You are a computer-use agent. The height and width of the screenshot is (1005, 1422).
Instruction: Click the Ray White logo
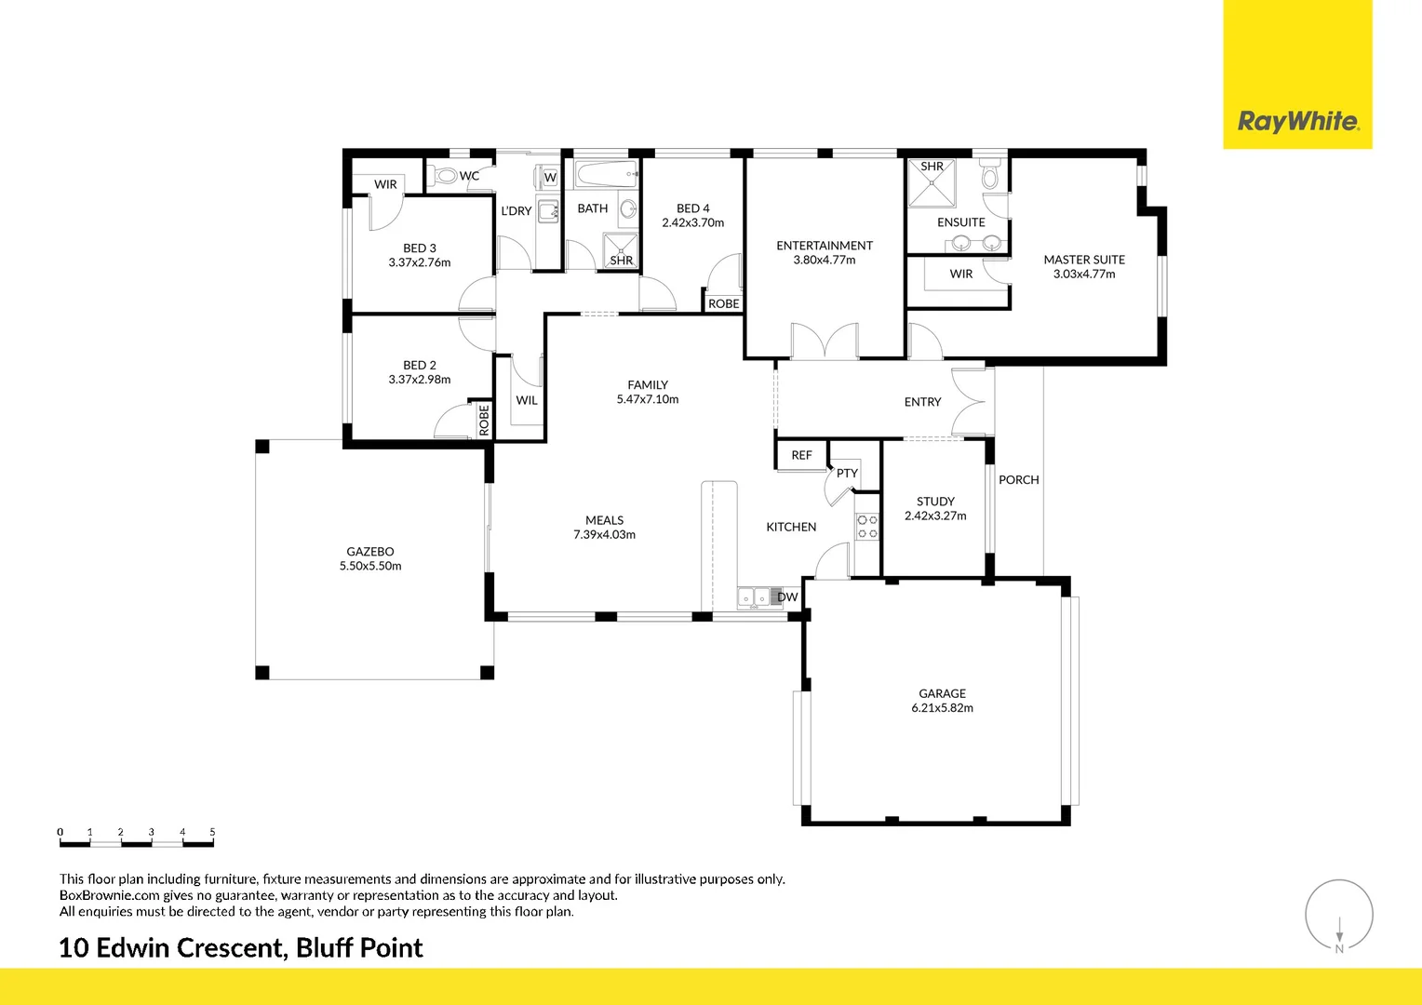tap(1298, 121)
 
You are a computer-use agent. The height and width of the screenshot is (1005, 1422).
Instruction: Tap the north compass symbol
tap(1339, 916)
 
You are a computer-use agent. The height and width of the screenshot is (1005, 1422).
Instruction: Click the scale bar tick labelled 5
tap(213, 832)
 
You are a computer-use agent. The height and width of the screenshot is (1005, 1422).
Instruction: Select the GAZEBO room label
tap(370, 551)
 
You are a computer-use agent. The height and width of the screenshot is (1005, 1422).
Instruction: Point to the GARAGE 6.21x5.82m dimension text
tap(942, 707)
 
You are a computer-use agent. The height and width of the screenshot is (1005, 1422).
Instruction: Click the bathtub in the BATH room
tap(606, 174)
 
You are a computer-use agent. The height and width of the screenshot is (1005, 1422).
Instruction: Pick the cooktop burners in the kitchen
tap(867, 527)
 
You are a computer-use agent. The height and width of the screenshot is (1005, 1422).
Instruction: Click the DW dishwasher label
tap(787, 596)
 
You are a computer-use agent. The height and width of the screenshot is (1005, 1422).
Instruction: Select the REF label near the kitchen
tap(801, 455)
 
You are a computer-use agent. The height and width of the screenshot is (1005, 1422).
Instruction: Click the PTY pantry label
tap(847, 473)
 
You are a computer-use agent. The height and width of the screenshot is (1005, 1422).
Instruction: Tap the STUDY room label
tap(935, 501)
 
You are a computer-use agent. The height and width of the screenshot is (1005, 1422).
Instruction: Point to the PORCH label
tap(1018, 479)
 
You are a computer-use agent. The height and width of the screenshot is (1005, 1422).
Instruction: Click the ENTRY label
tap(922, 401)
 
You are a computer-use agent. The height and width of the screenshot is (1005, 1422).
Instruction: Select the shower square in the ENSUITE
tap(932, 182)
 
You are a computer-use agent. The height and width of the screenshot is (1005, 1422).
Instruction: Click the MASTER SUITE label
tap(1083, 259)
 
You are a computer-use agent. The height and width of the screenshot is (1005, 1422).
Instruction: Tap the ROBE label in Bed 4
tap(724, 303)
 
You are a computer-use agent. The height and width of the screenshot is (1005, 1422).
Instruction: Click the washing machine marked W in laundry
tap(547, 177)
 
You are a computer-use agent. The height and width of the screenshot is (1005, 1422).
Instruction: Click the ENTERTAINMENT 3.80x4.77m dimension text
tap(824, 260)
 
